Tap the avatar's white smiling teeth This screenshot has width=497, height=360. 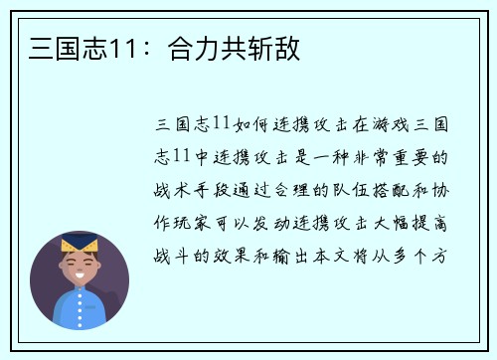coord(80,273)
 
